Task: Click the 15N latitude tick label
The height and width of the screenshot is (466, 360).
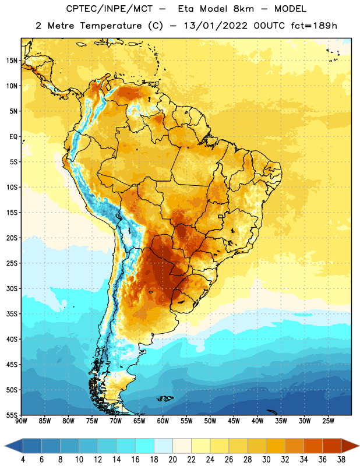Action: click(x=12, y=61)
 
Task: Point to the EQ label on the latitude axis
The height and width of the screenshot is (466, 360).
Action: click(x=13, y=137)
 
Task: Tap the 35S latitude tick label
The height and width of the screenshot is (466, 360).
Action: click(x=12, y=314)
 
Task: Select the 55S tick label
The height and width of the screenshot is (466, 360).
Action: click(x=12, y=415)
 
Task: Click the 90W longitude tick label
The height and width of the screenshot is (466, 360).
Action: click(x=22, y=421)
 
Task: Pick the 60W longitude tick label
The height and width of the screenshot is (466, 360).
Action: click(x=163, y=421)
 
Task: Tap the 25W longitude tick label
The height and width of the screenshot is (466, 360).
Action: click(x=328, y=421)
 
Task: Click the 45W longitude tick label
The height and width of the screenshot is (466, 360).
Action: click(x=234, y=421)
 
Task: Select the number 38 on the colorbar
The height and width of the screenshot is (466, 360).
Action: click(x=341, y=460)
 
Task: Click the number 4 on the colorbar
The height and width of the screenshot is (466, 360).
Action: click(x=23, y=460)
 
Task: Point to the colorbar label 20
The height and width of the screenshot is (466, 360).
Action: click(x=172, y=460)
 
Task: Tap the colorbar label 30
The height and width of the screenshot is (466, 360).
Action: click(x=266, y=460)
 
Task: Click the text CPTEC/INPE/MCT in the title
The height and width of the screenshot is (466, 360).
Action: click(x=109, y=9)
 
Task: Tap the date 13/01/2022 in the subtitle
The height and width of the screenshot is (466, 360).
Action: click(x=216, y=26)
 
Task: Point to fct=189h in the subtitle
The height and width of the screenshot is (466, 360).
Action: click(x=314, y=26)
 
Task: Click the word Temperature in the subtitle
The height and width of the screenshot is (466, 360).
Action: click(x=111, y=26)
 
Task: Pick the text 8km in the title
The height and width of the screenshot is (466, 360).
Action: click(x=243, y=9)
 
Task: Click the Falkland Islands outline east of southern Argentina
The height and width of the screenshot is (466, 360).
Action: click(x=165, y=398)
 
